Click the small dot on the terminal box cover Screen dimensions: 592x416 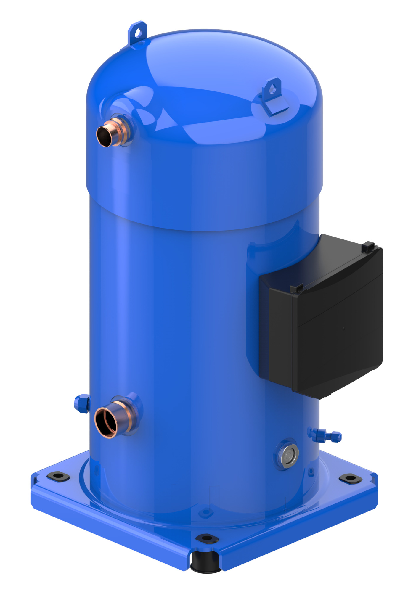(344, 329)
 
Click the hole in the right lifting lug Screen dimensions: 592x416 (273, 88)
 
